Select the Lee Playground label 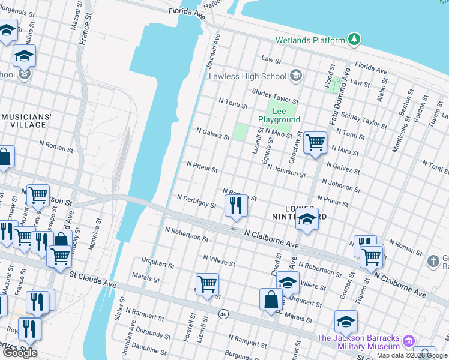[279, 115]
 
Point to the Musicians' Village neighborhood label [24, 120]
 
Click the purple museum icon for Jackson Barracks [409, 341]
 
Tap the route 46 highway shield [223, 314]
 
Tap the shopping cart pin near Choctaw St [315, 143]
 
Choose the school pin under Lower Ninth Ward [306, 220]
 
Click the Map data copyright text [412, 355]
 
